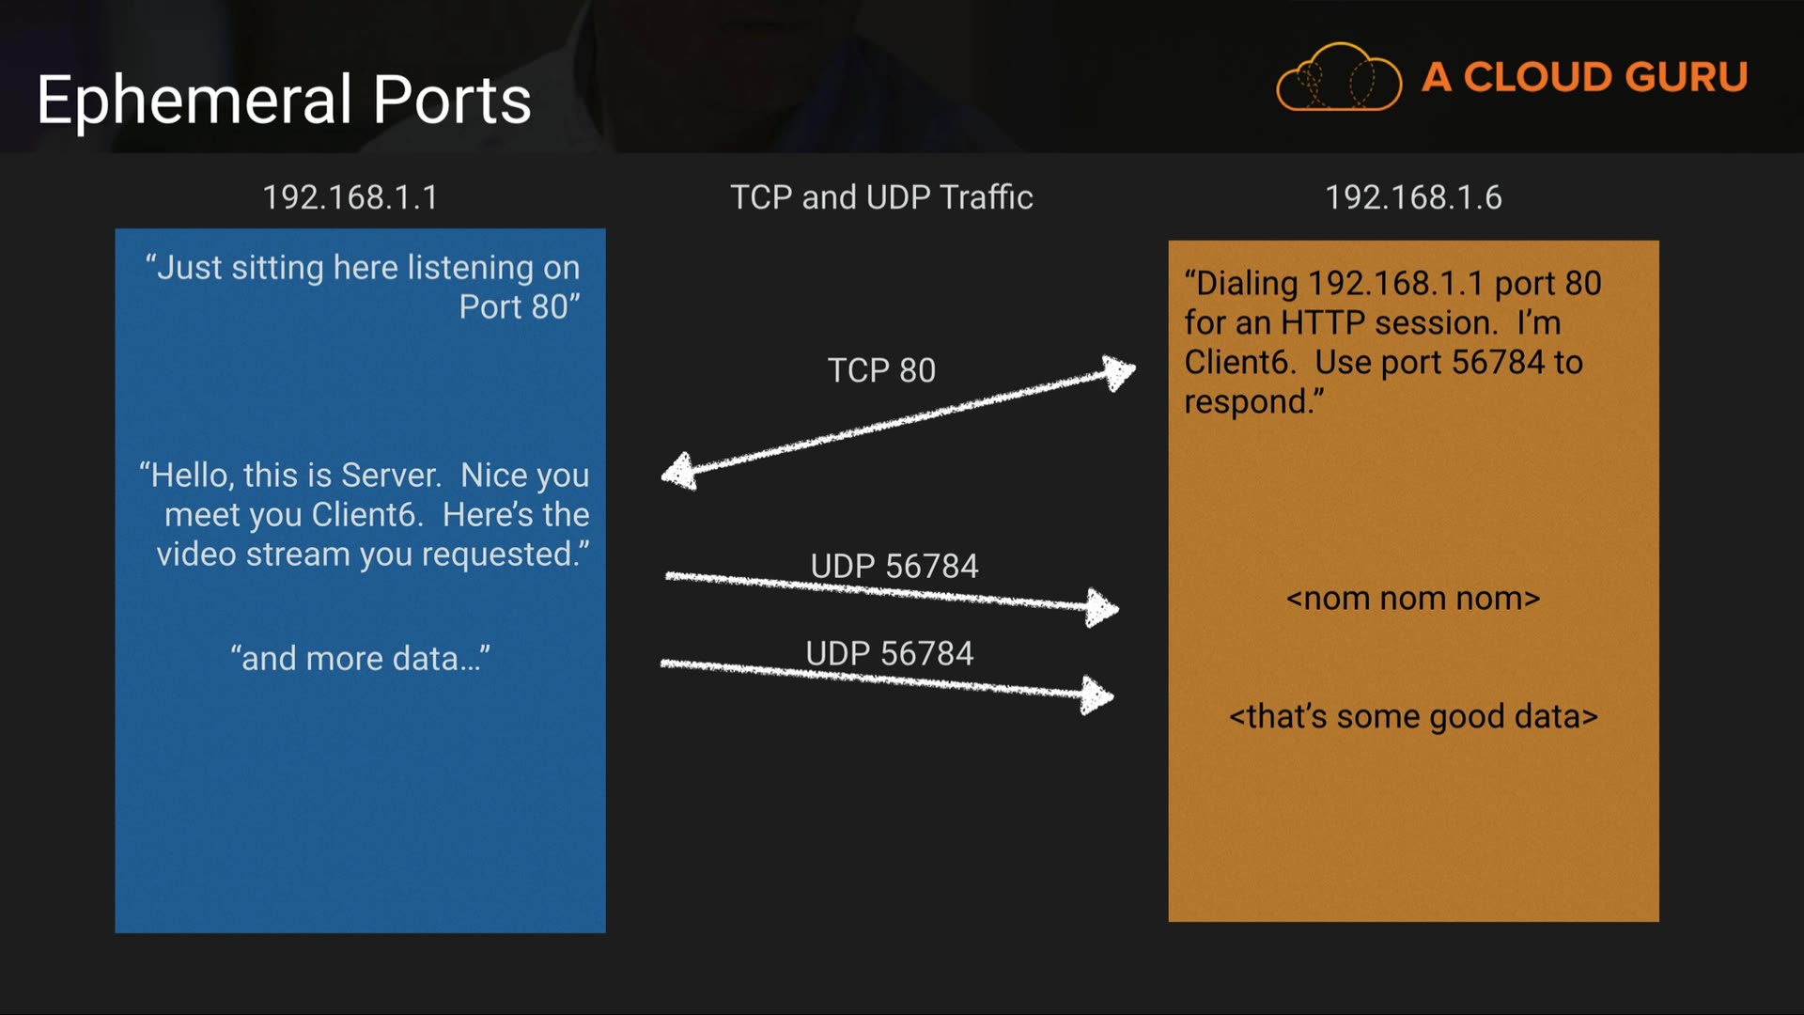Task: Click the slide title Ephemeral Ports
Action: pyautogui.click(x=284, y=100)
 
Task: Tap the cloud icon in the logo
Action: pyautogui.click(x=1338, y=78)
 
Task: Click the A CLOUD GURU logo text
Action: pyautogui.click(x=1584, y=77)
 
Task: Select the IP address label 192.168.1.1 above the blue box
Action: pyautogui.click(x=350, y=197)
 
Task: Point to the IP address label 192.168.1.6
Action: pyautogui.click(x=1413, y=197)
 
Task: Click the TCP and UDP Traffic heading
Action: pyautogui.click(x=881, y=197)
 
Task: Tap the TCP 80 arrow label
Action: pyautogui.click(x=881, y=370)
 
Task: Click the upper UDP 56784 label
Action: pyautogui.click(x=894, y=566)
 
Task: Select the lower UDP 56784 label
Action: pyautogui.click(x=890, y=653)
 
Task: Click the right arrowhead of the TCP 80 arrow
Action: pyautogui.click(x=1118, y=372)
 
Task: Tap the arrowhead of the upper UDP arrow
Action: pyautogui.click(x=1101, y=608)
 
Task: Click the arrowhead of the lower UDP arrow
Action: pyautogui.click(x=1096, y=695)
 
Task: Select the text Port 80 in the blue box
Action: pyautogui.click(x=514, y=307)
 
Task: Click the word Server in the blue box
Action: pyautogui.click(x=390, y=476)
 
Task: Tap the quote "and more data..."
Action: pyautogui.click(x=361, y=658)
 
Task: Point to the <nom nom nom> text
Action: pyautogui.click(x=1413, y=599)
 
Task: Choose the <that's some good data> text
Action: pyautogui.click(x=1413, y=717)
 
